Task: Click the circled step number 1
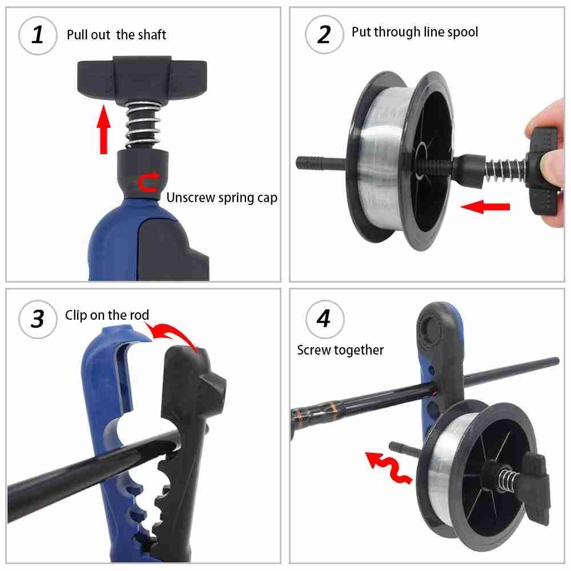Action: (x=38, y=35)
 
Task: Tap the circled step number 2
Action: (x=324, y=35)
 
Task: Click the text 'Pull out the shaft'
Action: (x=116, y=35)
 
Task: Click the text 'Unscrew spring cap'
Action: (x=222, y=198)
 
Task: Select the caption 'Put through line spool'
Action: (x=415, y=32)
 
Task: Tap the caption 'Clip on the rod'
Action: (x=107, y=315)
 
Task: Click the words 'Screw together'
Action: (x=340, y=350)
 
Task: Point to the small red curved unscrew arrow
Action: (x=150, y=183)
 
